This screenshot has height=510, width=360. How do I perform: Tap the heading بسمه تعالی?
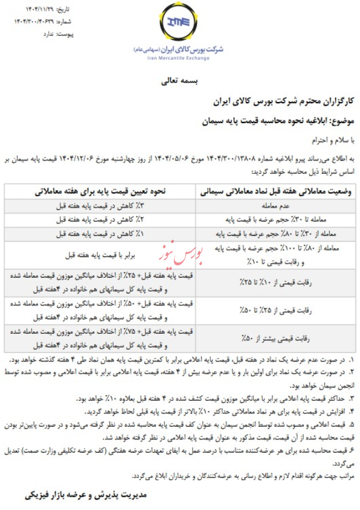click(181, 81)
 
